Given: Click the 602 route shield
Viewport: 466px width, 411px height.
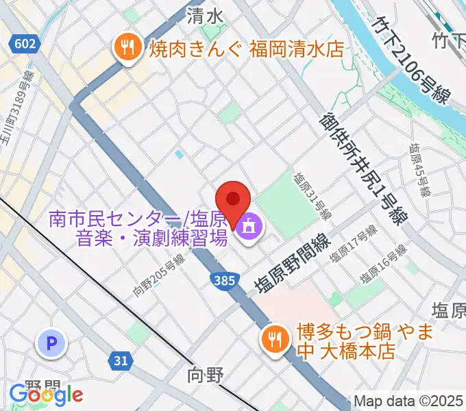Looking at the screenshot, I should pyautogui.click(x=25, y=44).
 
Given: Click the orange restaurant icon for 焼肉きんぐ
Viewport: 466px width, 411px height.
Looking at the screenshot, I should pyautogui.click(x=127, y=48).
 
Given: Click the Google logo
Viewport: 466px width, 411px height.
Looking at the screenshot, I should pyautogui.click(x=46, y=395).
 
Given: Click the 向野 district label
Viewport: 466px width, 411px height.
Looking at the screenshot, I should pyautogui.click(x=205, y=375).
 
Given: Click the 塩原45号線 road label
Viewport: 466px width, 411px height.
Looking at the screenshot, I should pyautogui.click(x=419, y=168).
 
